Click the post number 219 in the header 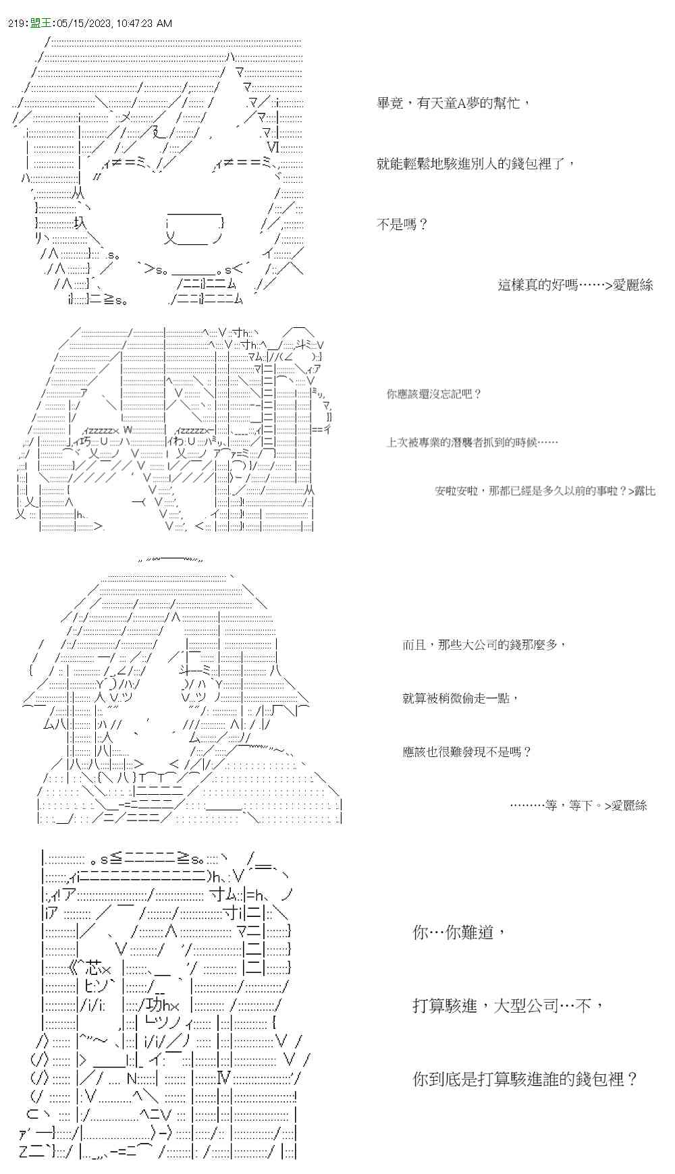(18, 24)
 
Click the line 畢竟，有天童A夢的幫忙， (453, 103)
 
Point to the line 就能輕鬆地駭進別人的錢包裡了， (476, 164)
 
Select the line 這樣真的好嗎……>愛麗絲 (575, 285)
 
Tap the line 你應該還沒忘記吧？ (434, 394)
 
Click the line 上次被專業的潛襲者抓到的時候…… (472, 443)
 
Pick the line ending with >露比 (545, 491)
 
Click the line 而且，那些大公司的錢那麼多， (483, 645)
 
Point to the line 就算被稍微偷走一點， (461, 698)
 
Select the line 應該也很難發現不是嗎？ (467, 752)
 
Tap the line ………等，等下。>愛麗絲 (578, 805)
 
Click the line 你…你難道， (458, 933)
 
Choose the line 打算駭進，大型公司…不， (508, 1006)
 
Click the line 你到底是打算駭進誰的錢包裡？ (525, 1079)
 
